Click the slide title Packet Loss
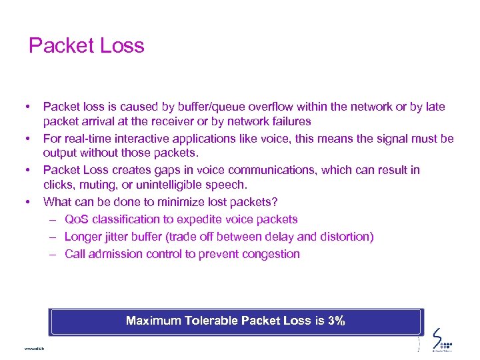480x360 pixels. [87, 46]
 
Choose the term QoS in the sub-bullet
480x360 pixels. [77, 219]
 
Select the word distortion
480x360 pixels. [347, 237]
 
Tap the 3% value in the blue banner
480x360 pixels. [337, 321]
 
